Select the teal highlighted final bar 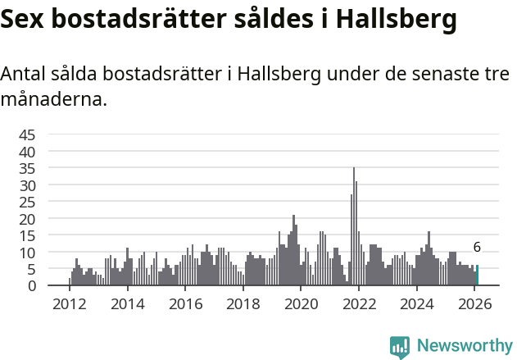point(477,276)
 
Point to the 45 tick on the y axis point(27,134)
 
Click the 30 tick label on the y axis point(27,185)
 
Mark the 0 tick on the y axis point(31,286)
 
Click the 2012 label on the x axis point(69,304)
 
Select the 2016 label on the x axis point(185,304)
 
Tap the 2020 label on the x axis point(301,304)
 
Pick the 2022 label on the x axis point(359,304)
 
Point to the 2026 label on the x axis point(474,304)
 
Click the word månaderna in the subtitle point(52,101)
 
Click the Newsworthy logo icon point(400,346)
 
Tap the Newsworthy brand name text point(464,346)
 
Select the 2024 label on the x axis point(417,304)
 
